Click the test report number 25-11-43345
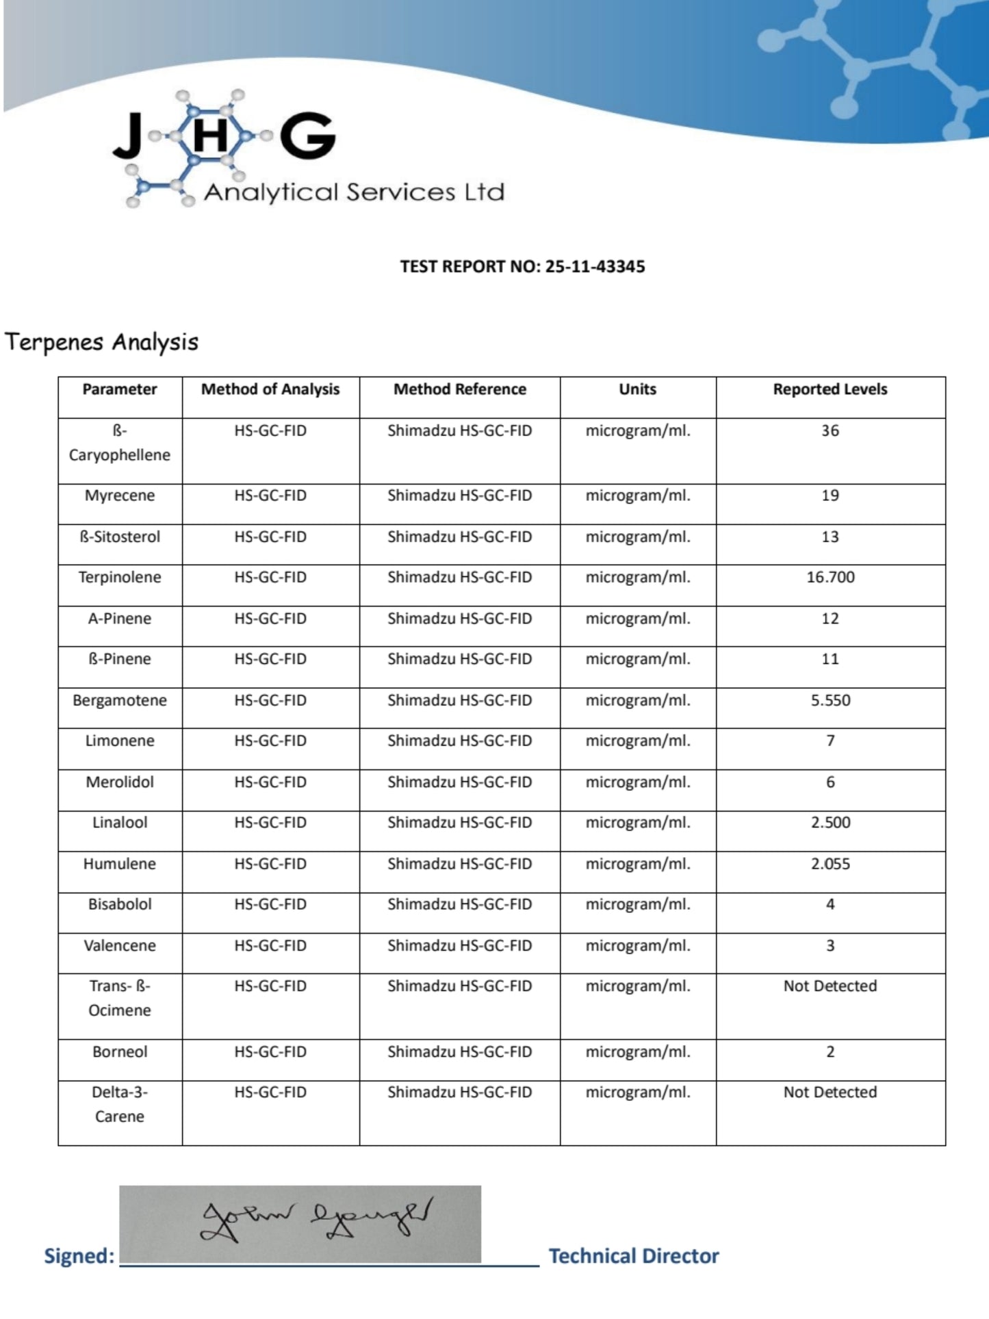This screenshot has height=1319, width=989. point(595,266)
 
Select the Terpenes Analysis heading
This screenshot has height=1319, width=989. point(101,342)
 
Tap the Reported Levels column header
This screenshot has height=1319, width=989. point(830,389)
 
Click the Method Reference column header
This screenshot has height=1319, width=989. point(459,389)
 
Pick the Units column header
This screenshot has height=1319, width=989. point(637,389)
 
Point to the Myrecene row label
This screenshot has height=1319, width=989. point(120,496)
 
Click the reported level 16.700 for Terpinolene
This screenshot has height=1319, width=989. point(830,577)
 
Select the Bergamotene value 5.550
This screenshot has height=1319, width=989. point(830,700)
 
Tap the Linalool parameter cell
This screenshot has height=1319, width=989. point(120,823)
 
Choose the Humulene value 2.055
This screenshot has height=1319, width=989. point(830,864)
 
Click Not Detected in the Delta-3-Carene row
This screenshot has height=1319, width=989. point(830,1092)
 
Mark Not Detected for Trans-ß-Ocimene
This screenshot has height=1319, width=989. point(830,986)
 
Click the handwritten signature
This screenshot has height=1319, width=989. point(315,1222)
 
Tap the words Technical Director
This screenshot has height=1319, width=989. point(634,1256)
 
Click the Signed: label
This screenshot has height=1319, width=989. point(79,1256)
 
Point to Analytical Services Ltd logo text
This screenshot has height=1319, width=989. point(354,192)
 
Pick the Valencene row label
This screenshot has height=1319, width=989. point(120,946)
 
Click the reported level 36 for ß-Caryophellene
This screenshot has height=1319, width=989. point(830,431)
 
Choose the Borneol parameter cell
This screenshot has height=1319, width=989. point(120,1052)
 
